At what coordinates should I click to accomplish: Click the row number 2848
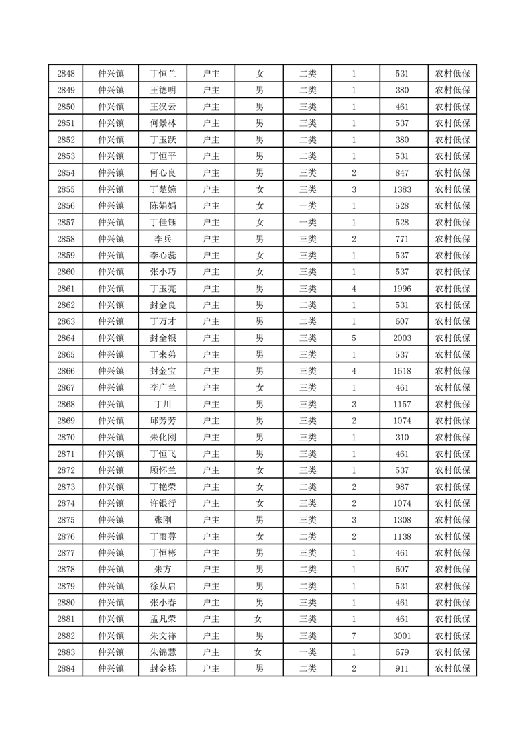coord(66,74)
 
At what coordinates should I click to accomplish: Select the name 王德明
coord(162,91)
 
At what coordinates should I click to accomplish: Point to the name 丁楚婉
coord(162,189)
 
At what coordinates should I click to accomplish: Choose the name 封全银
coord(162,338)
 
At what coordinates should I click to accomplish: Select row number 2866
coord(66,371)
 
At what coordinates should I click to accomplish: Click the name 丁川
coord(162,404)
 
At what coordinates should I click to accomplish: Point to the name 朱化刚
coord(162,437)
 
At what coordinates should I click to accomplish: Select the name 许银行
coord(162,503)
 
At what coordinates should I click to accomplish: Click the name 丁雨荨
coord(162,536)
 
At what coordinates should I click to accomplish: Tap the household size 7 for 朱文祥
coord(354,636)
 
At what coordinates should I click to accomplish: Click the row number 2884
coord(66,668)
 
